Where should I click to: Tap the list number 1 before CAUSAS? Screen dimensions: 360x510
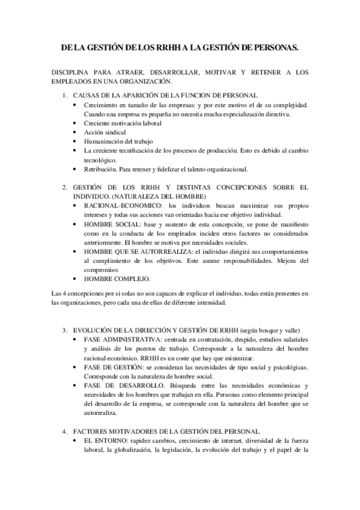point(65,96)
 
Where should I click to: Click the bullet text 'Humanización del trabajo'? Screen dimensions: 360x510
point(119,141)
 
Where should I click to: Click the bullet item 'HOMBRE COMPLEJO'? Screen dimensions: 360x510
point(118,279)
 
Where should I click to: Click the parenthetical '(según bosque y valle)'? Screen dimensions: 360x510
point(267,331)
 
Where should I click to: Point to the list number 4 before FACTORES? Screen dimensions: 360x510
point(65,431)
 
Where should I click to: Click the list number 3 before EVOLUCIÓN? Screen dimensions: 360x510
point(65,331)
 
